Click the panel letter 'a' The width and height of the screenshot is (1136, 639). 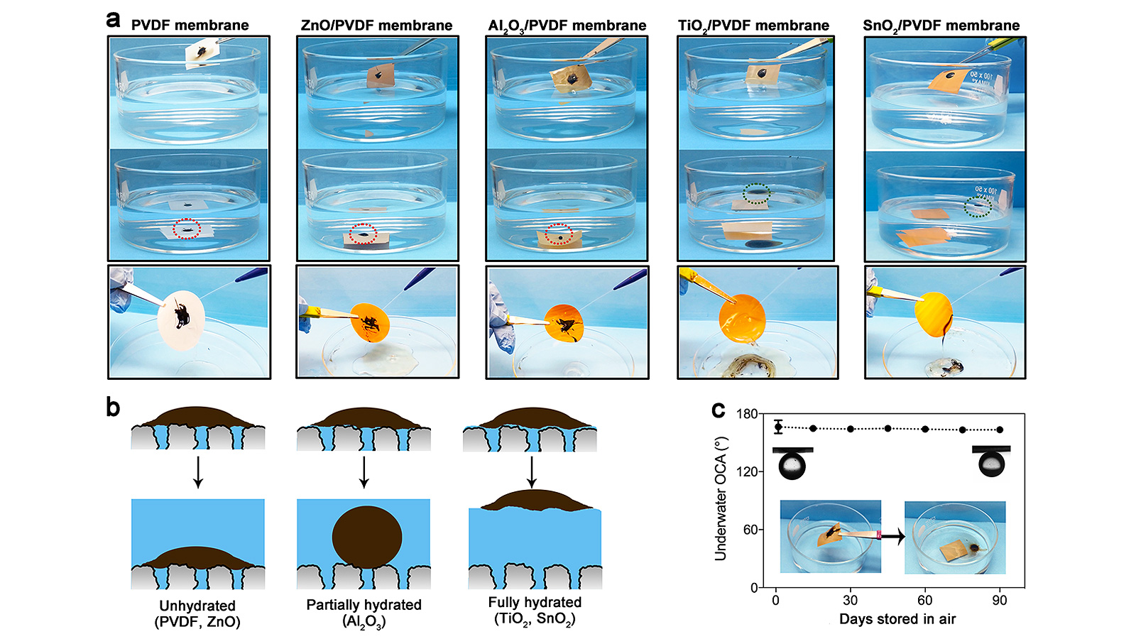coord(113,20)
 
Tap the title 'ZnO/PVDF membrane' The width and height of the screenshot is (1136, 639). coord(376,26)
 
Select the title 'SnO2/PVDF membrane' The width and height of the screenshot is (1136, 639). coord(941,26)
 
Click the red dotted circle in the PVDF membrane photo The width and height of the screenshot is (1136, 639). coord(187,229)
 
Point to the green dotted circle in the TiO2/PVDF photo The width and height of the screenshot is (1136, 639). coord(756,193)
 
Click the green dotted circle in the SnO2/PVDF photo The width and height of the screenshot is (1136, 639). coord(978,207)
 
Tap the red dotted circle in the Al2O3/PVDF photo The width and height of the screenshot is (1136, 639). coord(559,234)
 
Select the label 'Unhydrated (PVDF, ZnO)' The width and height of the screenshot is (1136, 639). coord(197,613)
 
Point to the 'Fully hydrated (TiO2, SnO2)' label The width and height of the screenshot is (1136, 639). coord(535,611)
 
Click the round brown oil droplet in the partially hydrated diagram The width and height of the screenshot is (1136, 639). coord(367,535)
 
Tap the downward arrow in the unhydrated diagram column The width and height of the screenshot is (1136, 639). coord(198,472)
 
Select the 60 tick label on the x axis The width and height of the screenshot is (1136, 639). coord(924,601)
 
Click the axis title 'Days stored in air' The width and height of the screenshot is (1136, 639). coord(897,619)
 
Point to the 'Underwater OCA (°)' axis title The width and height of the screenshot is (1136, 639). coord(721,501)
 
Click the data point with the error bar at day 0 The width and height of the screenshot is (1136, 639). coord(778,427)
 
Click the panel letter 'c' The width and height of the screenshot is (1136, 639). coord(718,410)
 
